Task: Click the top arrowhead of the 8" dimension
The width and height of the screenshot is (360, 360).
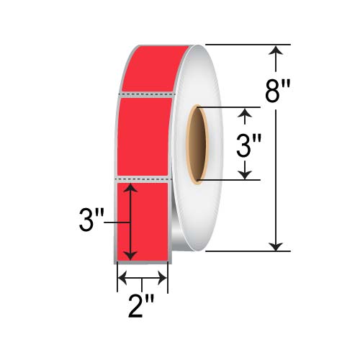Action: point(276,50)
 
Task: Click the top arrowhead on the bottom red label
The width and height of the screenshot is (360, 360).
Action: point(130,189)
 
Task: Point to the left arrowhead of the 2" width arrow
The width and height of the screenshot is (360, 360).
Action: point(122,278)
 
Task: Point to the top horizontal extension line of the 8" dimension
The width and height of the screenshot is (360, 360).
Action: point(245,45)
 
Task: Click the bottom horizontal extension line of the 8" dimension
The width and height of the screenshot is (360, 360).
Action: point(245,251)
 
